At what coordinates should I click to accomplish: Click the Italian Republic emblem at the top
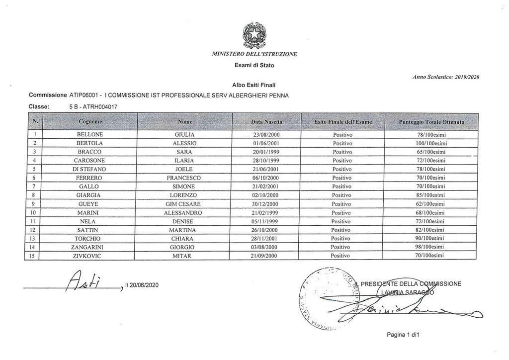click(x=254, y=34)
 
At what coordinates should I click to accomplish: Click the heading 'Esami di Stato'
click(x=254, y=65)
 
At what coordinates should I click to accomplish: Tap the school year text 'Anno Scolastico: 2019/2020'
click(x=445, y=77)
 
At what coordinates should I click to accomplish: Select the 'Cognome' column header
click(x=90, y=121)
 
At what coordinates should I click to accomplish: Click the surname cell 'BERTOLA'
click(x=90, y=143)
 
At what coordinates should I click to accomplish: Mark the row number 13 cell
click(x=32, y=238)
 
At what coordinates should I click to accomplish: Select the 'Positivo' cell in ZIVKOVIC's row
click(x=342, y=256)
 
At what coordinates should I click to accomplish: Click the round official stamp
click(x=326, y=298)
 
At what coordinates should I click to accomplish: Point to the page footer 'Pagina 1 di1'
click(x=404, y=335)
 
